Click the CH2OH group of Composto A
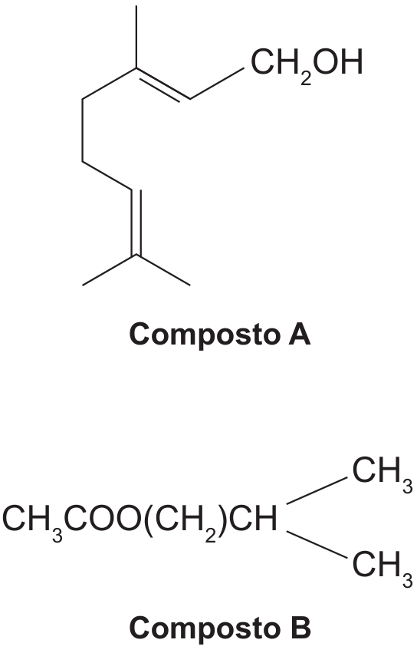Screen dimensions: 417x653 pyautogui.click(x=307, y=65)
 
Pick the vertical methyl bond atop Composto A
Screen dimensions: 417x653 pyautogui.click(x=136, y=37)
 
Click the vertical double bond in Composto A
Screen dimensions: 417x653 pyautogui.click(x=136, y=223)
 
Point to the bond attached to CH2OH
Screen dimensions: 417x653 pyautogui.click(x=217, y=84)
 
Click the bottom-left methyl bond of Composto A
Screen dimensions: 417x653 pyautogui.click(x=110, y=270)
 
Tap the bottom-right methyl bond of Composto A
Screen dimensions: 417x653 pyautogui.click(x=163, y=270)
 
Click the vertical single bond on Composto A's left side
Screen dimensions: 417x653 pyautogui.click(x=82, y=130)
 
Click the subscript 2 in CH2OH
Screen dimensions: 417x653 pyautogui.click(x=306, y=79)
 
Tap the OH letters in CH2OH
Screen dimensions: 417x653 pyautogui.click(x=338, y=62)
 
